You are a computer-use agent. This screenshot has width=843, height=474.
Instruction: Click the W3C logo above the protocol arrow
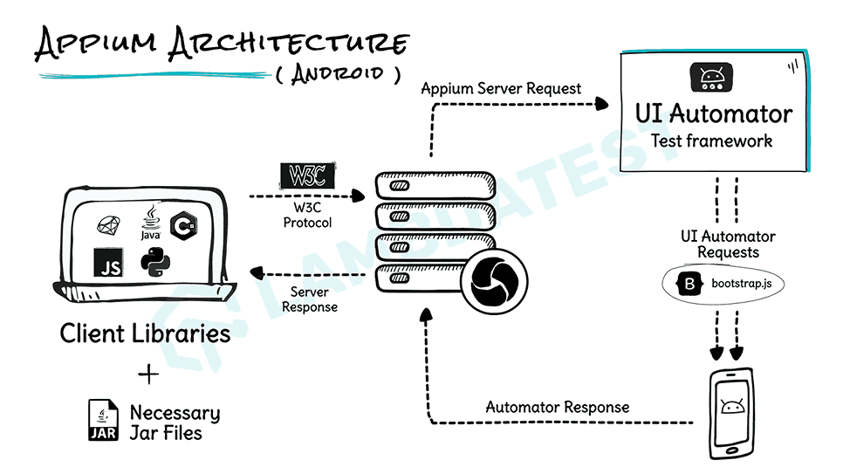tap(307, 175)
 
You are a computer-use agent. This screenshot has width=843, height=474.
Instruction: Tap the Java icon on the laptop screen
tap(150, 223)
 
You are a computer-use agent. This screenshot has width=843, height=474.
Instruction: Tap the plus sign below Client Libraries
tap(149, 374)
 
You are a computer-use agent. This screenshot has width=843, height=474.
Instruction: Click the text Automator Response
tap(557, 407)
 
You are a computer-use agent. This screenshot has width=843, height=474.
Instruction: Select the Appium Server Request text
tap(501, 89)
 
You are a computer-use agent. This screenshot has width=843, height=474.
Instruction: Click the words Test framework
tap(711, 141)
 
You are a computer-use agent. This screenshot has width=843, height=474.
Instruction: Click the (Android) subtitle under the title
tap(336, 73)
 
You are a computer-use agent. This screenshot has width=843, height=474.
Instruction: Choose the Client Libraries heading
tap(145, 333)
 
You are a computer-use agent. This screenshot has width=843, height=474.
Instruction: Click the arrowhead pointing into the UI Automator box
tap(601, 104)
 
